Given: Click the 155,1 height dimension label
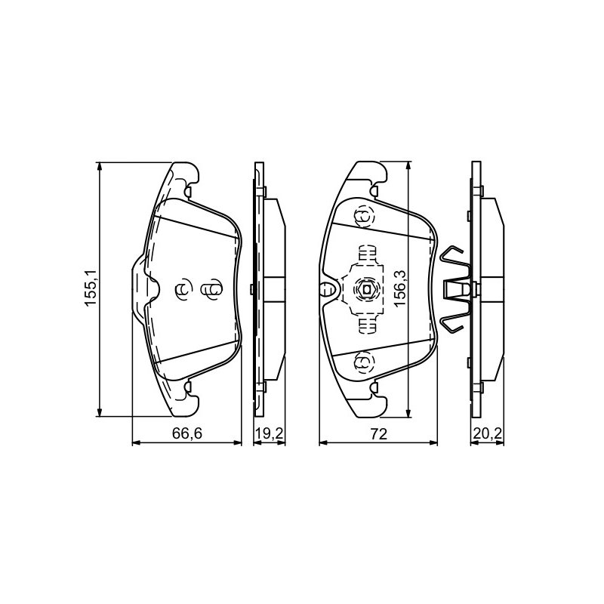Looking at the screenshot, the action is coord(91,288).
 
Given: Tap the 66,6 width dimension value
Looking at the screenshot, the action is coord(187,433).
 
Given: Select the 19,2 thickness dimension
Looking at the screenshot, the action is coord(270,433).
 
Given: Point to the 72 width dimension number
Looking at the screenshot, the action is coord(379,433).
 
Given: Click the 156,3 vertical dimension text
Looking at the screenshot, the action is coord(400,288).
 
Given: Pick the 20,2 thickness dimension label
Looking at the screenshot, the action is coord(487,433).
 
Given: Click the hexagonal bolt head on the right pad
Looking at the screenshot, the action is coord(366,288).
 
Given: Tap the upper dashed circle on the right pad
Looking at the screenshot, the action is coord(364,217).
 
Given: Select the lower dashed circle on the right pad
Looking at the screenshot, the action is coord(364,362).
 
